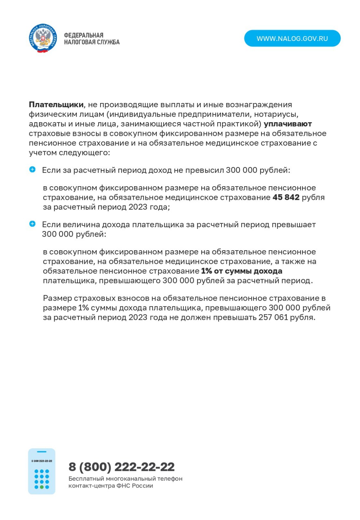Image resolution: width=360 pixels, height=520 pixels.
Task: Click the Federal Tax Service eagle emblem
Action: coord(43,38)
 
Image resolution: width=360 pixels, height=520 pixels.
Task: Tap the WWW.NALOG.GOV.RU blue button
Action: coord(292,38)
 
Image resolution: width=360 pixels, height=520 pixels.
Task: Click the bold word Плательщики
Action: coord(56,105)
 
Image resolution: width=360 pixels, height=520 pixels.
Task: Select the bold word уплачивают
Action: coord(287,124)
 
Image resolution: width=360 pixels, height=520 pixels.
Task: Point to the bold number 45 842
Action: coord(286,197)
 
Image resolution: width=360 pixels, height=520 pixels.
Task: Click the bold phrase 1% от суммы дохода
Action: coord(242,271)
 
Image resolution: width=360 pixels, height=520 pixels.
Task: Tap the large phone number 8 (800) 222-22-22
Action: coord(121,467)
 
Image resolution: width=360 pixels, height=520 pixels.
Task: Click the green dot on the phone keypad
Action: coord(42,487)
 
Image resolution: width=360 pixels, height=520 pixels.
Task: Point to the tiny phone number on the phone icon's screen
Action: coord(42,461)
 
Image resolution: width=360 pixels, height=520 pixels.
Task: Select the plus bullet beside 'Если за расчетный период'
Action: coord(33,169)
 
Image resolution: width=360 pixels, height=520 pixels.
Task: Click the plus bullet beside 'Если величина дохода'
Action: coord(33,224)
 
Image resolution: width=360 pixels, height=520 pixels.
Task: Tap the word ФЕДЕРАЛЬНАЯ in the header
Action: coord(84,35)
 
